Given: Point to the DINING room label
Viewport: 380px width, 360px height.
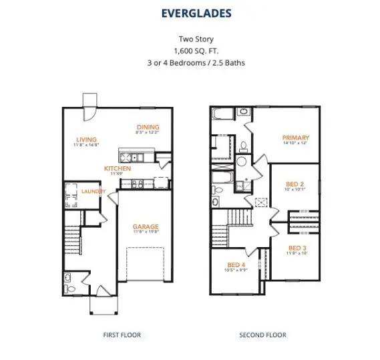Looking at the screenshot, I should (148, 127).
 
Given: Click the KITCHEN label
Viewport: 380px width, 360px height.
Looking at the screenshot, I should (118, 169).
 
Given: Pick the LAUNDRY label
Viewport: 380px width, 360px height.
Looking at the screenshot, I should (93, 191).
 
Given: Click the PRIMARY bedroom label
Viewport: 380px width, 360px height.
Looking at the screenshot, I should (295, 138).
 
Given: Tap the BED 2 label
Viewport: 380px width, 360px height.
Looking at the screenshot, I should (295, 184).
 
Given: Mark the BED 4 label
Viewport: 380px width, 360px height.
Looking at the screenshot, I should (236, 264).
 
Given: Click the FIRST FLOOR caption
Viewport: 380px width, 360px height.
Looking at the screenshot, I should (122, 335).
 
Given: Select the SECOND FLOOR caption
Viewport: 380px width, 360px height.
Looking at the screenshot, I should (262, 335).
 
